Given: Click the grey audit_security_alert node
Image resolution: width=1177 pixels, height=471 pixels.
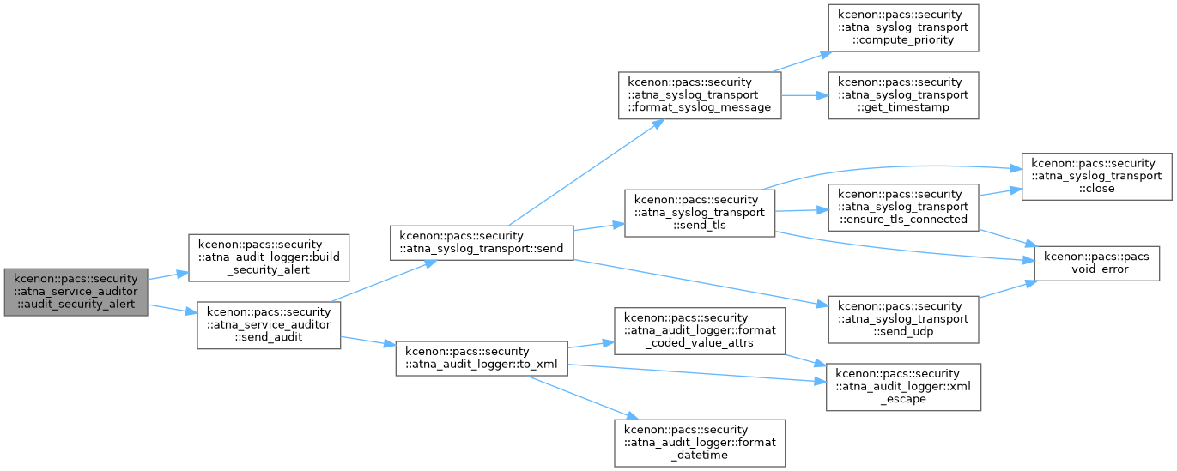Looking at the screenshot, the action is click(76, 292).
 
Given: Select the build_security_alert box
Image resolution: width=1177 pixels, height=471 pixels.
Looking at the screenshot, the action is click(269, 258).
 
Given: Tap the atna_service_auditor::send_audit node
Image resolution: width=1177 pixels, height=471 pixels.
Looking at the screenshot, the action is click(269, 325).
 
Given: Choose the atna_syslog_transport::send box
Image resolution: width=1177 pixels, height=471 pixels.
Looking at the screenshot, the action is click(482, 243).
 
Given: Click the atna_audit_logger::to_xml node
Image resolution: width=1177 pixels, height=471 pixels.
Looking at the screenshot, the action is click(482, 359).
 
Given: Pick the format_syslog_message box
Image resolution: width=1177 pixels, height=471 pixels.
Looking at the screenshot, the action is click(700, 95).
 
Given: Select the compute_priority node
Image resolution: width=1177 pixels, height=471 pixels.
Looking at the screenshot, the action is click(903, 27).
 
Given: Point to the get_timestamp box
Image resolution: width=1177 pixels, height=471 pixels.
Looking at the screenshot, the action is click(903, 95).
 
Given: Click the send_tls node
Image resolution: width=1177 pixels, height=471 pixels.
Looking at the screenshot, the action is click(700, 213).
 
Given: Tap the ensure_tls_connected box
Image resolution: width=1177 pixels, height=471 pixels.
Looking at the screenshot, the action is click(903, 208).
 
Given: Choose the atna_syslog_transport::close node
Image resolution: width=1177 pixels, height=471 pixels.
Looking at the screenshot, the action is click(1096, 177).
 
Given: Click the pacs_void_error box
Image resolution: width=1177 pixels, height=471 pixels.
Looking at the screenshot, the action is click(1096, 263).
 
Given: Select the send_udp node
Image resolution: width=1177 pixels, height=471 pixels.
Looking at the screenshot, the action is click(903, 320).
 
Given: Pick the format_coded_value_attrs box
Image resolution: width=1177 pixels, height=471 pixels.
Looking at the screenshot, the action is click(700, 331).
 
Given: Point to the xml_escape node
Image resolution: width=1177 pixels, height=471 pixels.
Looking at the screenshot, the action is click(903, 387).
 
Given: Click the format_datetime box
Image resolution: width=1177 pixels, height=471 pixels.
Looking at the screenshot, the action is click(700, 444).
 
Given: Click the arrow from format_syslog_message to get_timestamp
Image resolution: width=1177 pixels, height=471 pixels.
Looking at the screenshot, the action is click(805, 95).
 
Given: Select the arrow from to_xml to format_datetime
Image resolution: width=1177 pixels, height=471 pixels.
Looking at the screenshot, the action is click(583, 397).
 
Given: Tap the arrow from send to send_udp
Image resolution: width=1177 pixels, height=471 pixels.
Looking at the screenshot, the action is click(701, 283).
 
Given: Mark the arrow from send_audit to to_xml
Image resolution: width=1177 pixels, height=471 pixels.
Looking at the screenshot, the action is click(368, 341).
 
